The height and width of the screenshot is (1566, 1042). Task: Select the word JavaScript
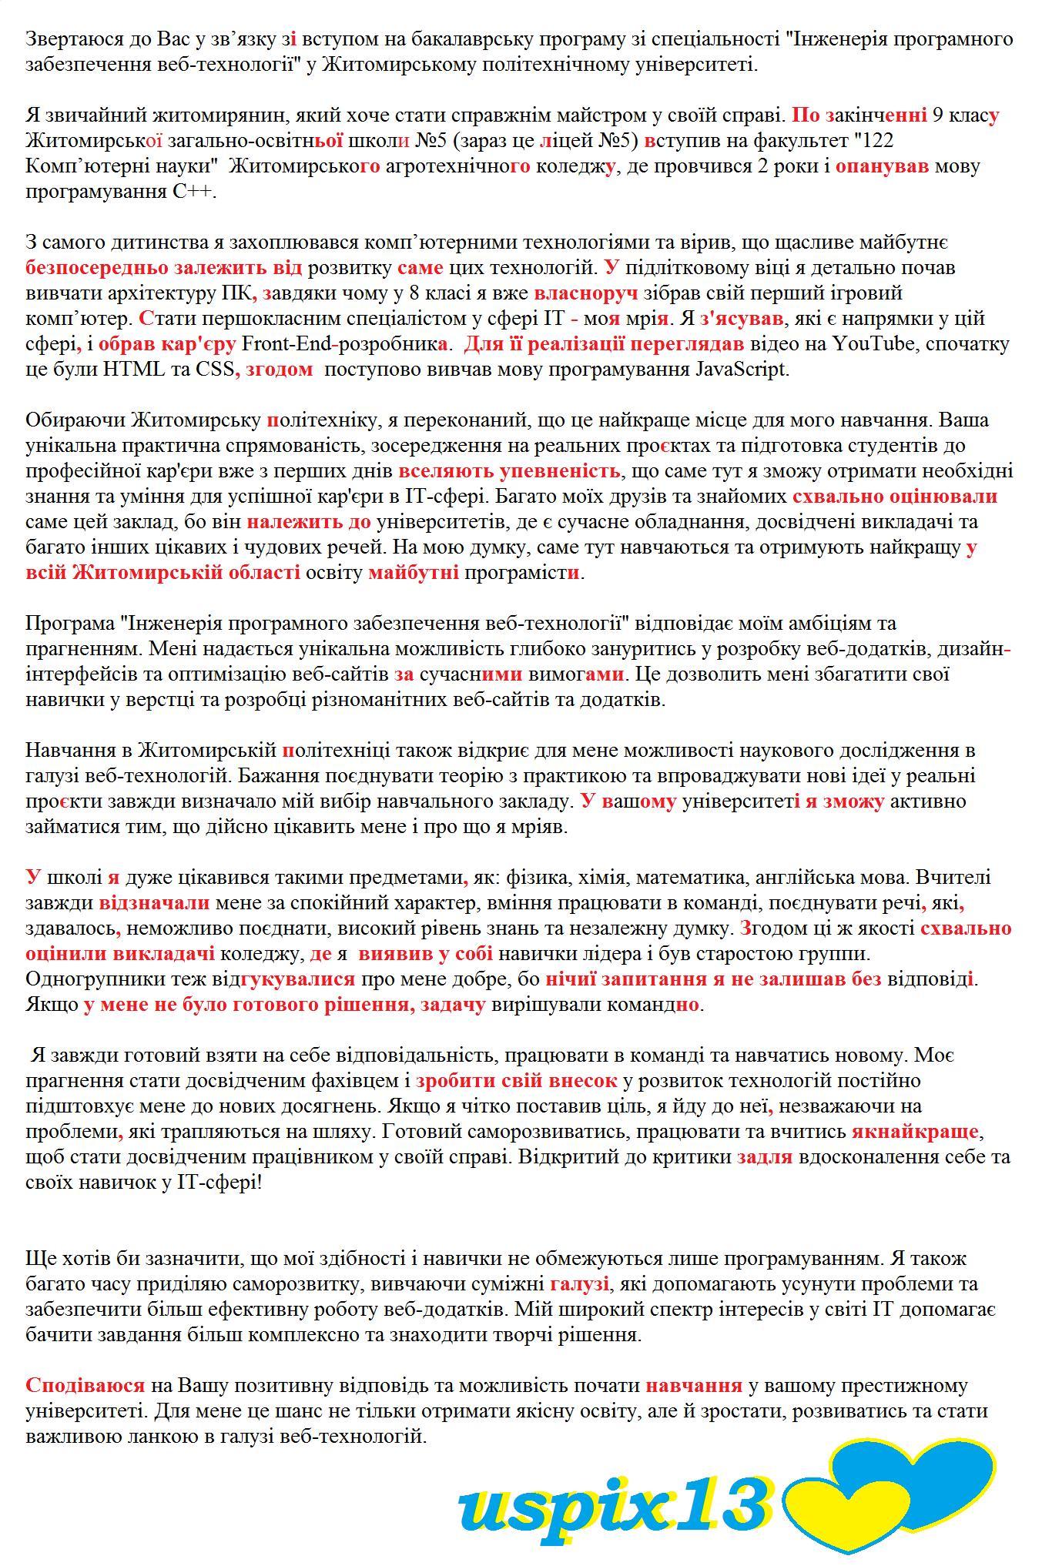click(x=741, y=369)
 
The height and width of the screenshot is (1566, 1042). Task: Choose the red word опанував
click(x=882, y=166)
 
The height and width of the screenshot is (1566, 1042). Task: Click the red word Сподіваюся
click(x=85, y=1385)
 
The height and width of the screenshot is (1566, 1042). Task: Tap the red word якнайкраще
click(x=914, y=1131)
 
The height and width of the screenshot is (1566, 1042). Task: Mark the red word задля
click(x=764, y=1156)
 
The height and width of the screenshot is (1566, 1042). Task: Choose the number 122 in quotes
click(x=875, y=141)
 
